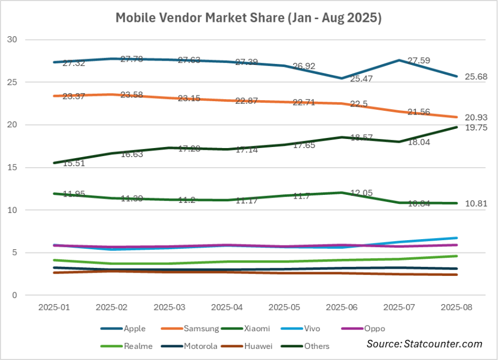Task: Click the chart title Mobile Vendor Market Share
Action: pyautogui.click(x=248, y=18)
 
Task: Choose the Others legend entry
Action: pyautogui.click(x=317, y=346)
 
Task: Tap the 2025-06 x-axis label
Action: pyautogui.click(x=341, y=308)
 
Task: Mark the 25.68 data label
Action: pyautogui.click(x=477, y=77)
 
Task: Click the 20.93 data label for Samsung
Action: pyautogui.click(x=477, y=117)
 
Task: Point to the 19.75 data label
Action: pyautogui.click(x=477, y=128)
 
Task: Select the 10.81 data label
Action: pyautogui.click(x=477, y=203)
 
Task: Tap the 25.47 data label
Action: pyautogui.click(x=362, y=79)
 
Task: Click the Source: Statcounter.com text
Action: pyautogui.click(x=424, y=344)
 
